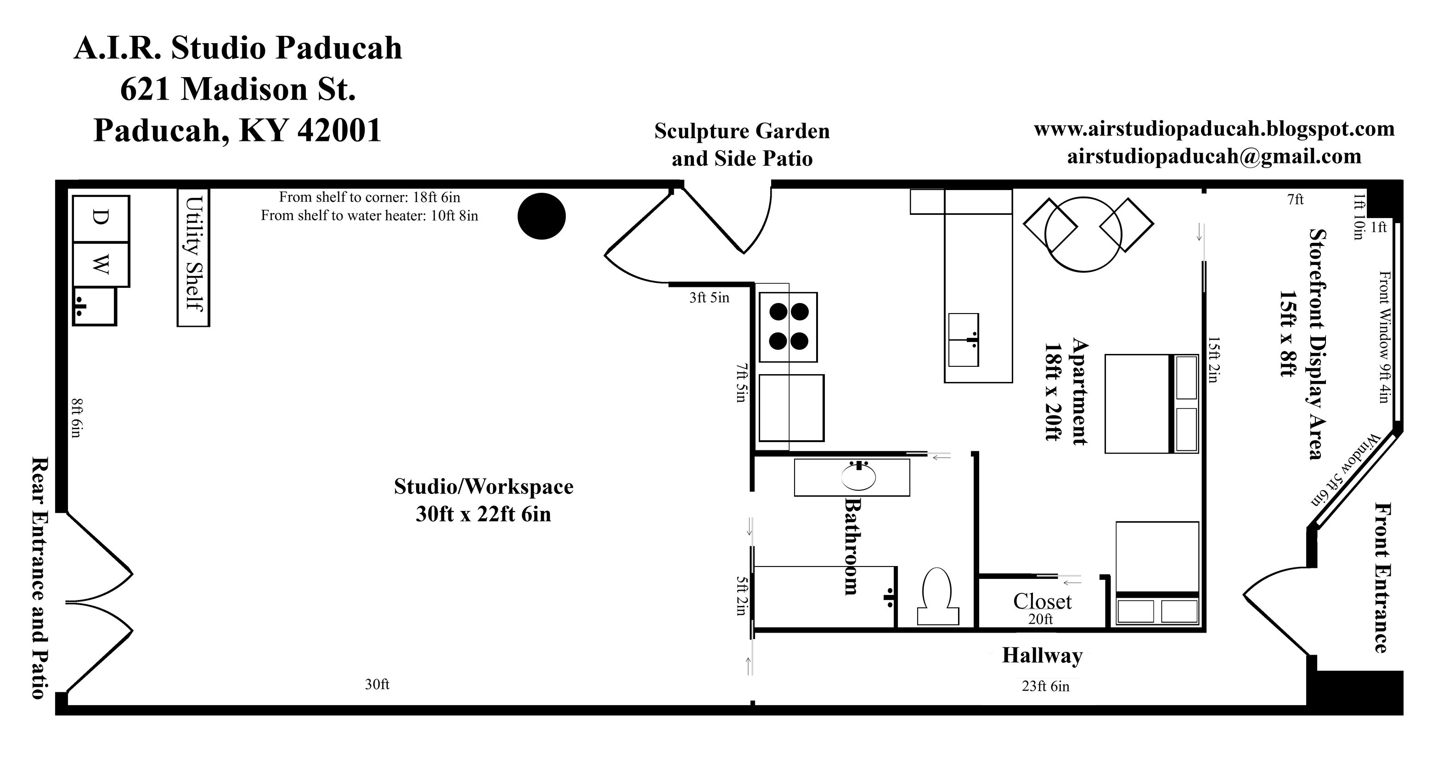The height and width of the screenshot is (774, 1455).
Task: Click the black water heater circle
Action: pyautogui.click(x=541, y=216)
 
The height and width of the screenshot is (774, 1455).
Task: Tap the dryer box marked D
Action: pyautogui.click(x=101, y=219)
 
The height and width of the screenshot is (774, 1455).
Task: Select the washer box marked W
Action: pyautogui.click(x=101, y=264)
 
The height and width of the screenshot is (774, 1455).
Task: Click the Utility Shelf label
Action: pyautogui.click(x=194, y=253)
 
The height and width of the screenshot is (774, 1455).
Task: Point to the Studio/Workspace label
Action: pyautogui.click(x=484, y=487)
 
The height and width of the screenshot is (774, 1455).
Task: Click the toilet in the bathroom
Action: pyautogui.click(x=937, y=597)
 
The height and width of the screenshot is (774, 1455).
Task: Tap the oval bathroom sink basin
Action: pyautogui.click(x=858, y=477)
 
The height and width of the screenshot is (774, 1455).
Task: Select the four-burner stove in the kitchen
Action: pyautogui.click(x=788, y=327)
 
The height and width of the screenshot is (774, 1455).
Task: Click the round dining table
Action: pyautogui.click(x=1083, y=234)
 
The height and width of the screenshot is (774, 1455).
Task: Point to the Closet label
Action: pyautogui.click(x=1042, y=602)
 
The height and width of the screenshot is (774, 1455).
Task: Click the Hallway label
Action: pyautogui.click(x=1042, y=656)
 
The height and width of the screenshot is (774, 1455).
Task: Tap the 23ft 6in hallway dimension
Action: pyautogui.click(x=1045, y=686)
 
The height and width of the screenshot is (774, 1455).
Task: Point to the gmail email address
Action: pyautogui.click(x=1214, y=157)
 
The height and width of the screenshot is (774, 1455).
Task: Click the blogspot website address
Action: pyautogui.click(x=1214, y=129)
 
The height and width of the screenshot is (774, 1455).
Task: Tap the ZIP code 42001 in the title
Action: pyautogui.click(x=340, y=130)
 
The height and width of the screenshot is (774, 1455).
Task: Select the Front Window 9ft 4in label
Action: pyautogui.click(x=1384, y=337)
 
